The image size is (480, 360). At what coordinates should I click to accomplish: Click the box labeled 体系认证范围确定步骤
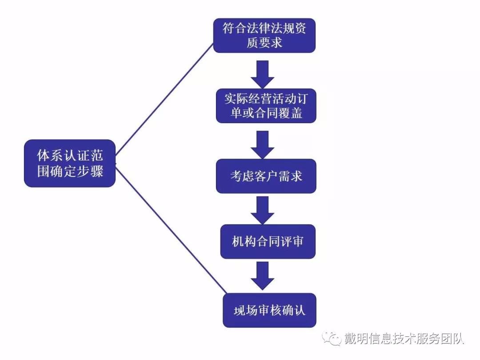click(70, 163)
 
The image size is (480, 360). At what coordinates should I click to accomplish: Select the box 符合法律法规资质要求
click(264, 36)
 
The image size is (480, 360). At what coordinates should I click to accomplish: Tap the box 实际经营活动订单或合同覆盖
click(266, 106)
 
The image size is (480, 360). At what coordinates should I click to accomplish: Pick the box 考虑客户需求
click(266, 176)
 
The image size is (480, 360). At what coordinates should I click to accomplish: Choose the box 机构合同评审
click(268, 241)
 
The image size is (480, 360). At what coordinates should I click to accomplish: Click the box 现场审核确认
click(269, 310)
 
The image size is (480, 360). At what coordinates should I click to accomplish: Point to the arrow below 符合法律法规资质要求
click(263, 74)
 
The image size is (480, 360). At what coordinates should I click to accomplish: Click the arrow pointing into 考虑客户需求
click(263, 144)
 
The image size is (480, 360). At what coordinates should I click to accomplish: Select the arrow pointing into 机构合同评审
click(263, 210)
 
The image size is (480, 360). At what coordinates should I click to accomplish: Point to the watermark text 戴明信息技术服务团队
click(404, 339)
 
